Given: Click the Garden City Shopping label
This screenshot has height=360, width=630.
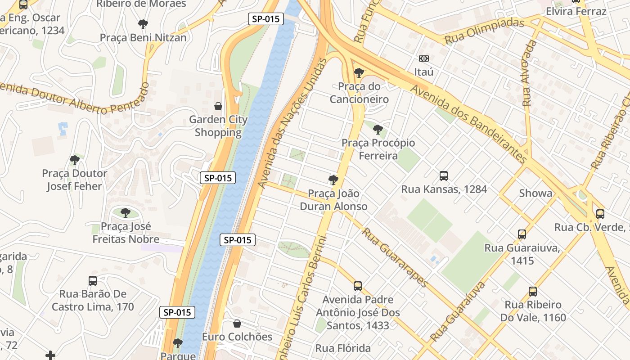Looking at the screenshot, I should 218,126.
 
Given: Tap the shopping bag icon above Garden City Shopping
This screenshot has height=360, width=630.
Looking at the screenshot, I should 218,106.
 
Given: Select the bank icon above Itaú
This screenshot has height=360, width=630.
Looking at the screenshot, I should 423,58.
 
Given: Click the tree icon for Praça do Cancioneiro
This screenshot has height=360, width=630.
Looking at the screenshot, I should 359,72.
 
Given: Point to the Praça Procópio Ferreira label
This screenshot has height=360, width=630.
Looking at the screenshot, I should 378,149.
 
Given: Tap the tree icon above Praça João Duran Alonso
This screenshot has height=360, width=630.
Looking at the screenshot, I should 333,180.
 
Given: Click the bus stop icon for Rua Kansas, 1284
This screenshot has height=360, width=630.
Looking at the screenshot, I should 444,175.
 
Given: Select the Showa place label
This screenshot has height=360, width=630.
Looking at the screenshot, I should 535,193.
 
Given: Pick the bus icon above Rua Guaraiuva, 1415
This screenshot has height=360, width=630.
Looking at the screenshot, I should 522,234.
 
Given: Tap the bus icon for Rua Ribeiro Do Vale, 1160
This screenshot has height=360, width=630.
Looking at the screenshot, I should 533,292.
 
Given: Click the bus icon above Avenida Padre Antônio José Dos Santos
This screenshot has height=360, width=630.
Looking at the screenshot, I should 358,286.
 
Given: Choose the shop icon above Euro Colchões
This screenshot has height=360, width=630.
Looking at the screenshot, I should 237,324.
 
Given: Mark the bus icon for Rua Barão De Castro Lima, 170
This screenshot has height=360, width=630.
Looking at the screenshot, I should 93,280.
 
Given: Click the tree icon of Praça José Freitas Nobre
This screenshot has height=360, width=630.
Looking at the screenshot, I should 126,212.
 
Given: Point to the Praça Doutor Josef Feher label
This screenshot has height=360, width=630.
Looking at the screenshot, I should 75,180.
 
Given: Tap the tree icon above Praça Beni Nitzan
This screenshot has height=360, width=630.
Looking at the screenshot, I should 143,24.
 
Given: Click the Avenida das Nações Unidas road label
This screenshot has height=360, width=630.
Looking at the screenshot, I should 292,122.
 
